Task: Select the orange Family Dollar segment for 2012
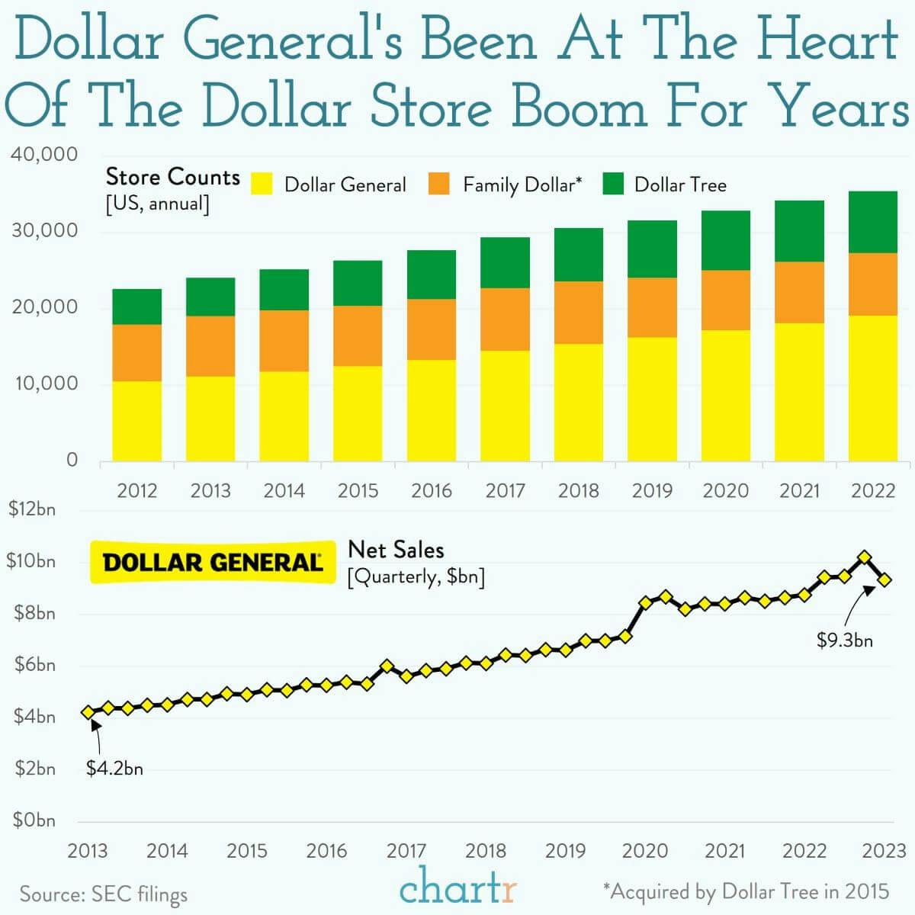tap(137, 352)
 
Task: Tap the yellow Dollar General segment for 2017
tap(505, 406)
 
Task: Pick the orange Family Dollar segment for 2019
tap(652, 307)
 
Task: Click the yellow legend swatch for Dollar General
tap(262, 184)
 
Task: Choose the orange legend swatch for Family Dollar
tap(439, 184)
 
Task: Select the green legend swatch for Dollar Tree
tap(613, 184)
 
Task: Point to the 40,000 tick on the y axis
tap(45, 155)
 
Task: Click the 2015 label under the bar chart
tap(358, 490)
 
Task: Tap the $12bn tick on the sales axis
tap(31, 509)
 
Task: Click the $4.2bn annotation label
tap(114, 769)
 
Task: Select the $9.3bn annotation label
tap(845, 640)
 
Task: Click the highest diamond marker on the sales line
tap(864, 557)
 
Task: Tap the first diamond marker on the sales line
tap(88, 711)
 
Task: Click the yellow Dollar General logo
tap(212, 563)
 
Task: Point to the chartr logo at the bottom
tap(458, 888)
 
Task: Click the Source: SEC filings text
tap(104, 894)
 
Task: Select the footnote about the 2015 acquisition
tap(746, 891)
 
